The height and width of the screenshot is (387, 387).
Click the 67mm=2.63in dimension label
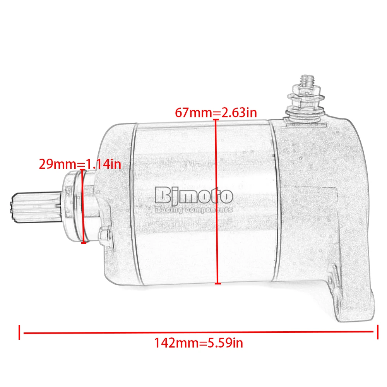[216, 113]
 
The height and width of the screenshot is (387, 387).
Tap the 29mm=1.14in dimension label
[80, 164]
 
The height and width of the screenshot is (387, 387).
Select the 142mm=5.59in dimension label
[199, 343]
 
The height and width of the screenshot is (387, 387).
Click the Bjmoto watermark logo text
[194, 197]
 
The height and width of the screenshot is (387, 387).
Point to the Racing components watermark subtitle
[194, 210]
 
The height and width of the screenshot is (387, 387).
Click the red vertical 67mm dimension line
[217, 202]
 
